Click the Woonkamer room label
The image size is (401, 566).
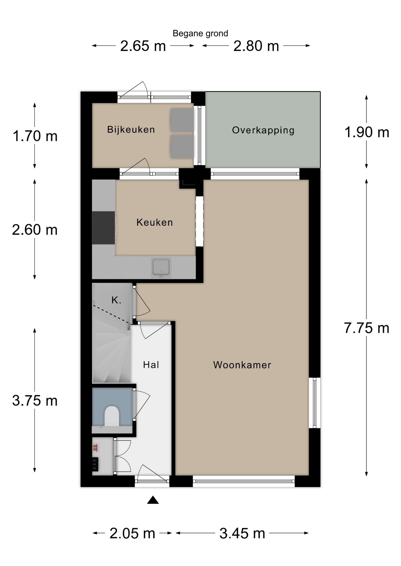[242, 365]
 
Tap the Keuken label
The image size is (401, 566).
[154, 222]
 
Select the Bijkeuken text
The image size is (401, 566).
[131, 129]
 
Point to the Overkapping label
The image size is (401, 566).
[263, 130]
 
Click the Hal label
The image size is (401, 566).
[151, 365]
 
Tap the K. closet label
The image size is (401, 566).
[116, 300]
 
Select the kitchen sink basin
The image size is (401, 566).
[161, 267]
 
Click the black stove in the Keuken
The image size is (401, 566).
[103, 228]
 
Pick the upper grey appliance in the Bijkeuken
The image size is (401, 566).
[182, 120]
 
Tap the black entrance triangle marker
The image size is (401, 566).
[153, 500]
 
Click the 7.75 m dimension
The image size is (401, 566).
[366, 328]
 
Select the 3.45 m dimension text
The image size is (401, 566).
[242, 534]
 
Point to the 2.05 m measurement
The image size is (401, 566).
[132, 534]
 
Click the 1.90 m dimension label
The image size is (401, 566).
[366, 132]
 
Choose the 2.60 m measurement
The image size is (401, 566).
[35, 230]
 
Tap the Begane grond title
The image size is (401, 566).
[200, 34]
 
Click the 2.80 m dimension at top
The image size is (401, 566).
[256, 46]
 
